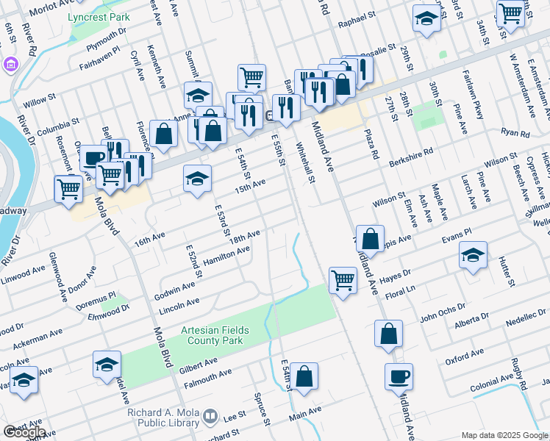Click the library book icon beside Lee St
tap(210, 417)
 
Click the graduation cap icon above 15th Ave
tap(197, 180)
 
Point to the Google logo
tap(24, 432)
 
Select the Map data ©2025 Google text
tap(504, 435)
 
